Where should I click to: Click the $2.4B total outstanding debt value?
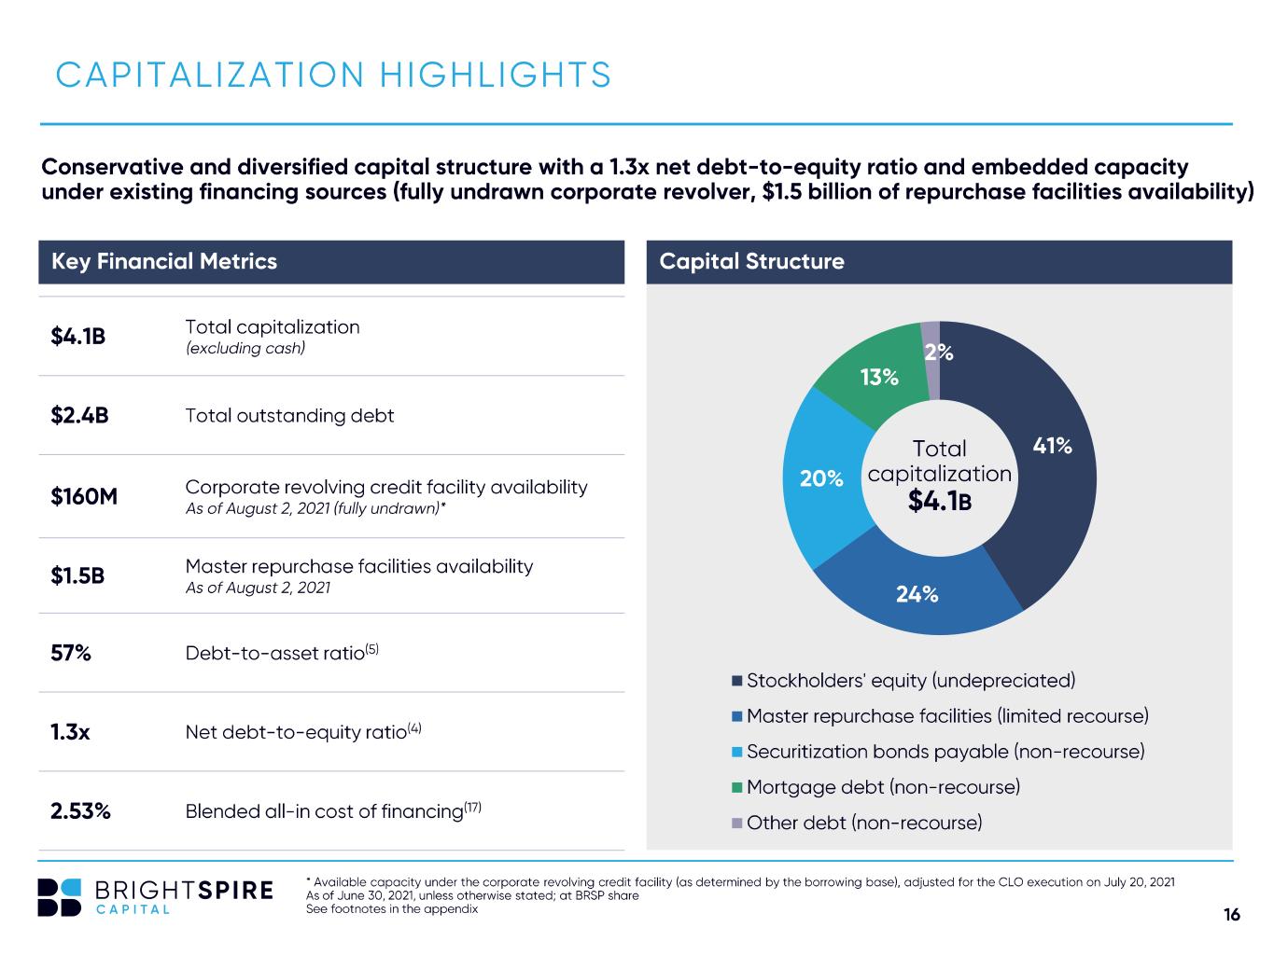click(x=79, y=415)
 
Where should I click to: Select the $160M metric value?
click(x=84, y=496)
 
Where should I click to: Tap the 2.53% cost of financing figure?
click(x=80, y=810)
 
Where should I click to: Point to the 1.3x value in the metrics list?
click(x=70, y=732)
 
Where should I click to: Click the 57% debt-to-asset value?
click(x=71, y=653)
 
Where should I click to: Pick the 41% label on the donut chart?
click(x=1052, y=445)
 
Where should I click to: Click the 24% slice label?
click(x=917, y=594)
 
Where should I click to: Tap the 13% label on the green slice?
click(x=879, y=377)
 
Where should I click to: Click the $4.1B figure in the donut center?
click(x=940, y=501)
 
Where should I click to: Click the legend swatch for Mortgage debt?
click(x=737, y=787)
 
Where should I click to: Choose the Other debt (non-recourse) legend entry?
click(x=857, y=823)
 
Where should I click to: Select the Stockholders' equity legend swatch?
click(x=737, y=681)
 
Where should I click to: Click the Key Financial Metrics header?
click(x=164, y=261)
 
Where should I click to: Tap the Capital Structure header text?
click(x=751, y=261)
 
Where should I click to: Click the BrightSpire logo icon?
click(x=59, y=897)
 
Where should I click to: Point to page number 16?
click(x=1232, y=914)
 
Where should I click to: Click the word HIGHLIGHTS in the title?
click(x=495, y=75)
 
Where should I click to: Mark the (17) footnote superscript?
click(x=473, y=807)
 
